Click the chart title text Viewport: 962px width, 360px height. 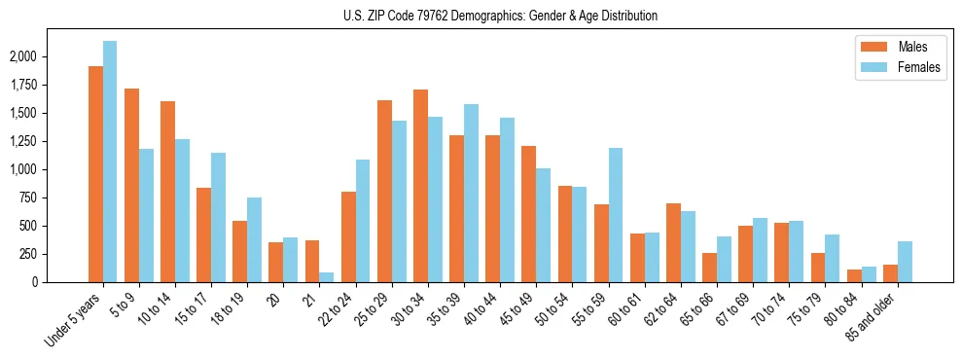500,16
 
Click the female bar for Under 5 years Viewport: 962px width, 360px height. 110,162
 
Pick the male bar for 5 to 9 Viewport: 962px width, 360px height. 131,185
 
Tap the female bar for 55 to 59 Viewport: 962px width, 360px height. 616,215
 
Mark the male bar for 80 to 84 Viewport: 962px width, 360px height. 854,275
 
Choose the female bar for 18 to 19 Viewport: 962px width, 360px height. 254,239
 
